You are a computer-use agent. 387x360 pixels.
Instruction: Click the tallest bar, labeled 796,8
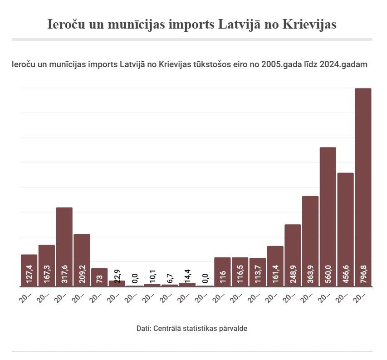(363, 186)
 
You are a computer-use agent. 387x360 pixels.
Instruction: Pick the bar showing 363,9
(310, 241)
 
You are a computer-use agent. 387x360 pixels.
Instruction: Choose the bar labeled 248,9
(293, 255)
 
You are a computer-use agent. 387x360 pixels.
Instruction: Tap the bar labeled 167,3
(47, 265)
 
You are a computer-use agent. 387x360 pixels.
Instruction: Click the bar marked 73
(99, 277)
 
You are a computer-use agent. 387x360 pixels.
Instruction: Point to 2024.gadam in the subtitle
(343, 65)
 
